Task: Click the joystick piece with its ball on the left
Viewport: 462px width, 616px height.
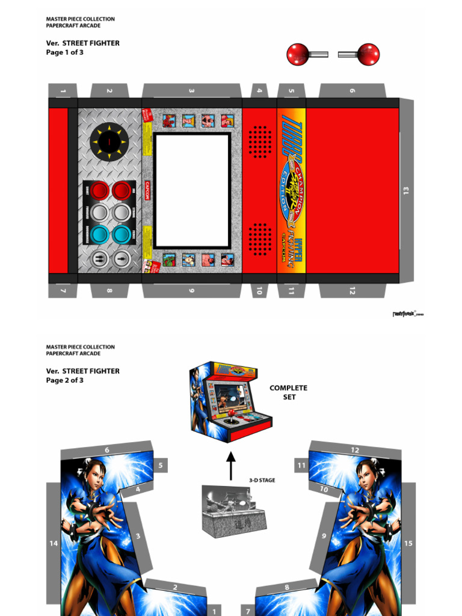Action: click(306, 54)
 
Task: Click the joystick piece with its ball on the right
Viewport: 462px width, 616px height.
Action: click(360, 54)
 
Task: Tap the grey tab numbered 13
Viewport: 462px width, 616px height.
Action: click(407, 190)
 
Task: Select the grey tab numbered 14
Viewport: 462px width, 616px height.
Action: click(54, 543)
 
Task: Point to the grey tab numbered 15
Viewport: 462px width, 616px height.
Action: click(408, 543)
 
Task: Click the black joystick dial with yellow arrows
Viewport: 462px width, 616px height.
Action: click(109, 142)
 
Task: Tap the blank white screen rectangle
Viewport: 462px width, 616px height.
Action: click(192, 190)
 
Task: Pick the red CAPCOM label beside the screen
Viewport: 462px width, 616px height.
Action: click(147, 190)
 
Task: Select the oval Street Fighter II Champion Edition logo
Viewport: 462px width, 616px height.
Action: click(291, 191)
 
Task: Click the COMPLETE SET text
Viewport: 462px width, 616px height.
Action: click(288, 392)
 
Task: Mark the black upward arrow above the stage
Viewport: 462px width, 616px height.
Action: click(230, 466)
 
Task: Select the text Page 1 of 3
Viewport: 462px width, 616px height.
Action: click(65, 52)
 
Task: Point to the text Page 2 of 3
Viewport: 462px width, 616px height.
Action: click(65, 380)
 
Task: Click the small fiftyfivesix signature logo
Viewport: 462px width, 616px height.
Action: click(407, 313)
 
